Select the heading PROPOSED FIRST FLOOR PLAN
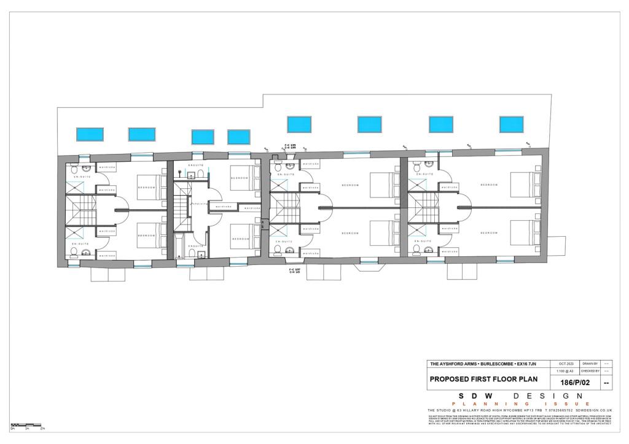click(x=476, y=379)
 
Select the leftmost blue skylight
click(x=89, y=134)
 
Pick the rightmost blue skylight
click(x=511, y=124)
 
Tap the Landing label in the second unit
click(x=198, y=204)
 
